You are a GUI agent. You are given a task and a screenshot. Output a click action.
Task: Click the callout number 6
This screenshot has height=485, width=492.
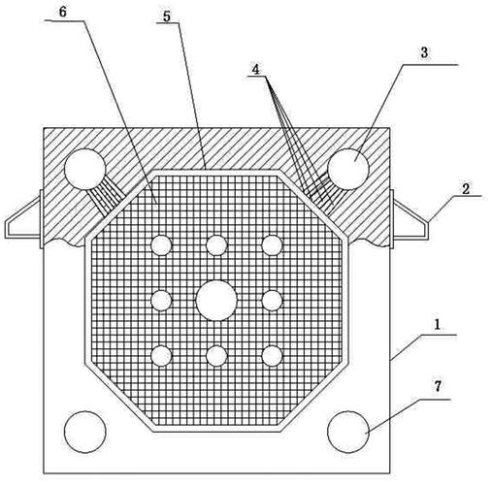[63, 12]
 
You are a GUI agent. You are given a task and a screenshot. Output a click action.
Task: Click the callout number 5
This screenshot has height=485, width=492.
[167, 16]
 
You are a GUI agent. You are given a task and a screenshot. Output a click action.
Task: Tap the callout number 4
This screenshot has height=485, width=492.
[256, 69]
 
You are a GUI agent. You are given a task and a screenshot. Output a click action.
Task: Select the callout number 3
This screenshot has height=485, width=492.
[424, 52]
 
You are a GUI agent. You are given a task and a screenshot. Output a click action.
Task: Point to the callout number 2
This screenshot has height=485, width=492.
[466, 189]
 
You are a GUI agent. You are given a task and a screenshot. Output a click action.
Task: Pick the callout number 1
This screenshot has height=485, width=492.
[437, 324]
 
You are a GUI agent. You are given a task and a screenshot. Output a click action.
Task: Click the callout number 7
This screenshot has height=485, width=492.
[438, 386]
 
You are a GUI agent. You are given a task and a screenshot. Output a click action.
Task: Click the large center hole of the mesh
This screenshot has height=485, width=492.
[216, 301]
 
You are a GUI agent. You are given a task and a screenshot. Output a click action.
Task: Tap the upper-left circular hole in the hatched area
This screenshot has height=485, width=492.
[85, 169]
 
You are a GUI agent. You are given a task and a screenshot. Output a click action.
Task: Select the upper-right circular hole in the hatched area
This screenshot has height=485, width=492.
[348, 169]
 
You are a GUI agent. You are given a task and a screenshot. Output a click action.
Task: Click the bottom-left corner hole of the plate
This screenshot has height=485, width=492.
[85, 432]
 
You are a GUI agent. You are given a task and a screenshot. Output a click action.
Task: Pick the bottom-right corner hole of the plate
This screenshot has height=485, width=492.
[348, 432]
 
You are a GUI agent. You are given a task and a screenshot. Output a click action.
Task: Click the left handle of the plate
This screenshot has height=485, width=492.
[23, 219]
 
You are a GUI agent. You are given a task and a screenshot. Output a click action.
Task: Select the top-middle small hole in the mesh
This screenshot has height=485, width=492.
[216, 245]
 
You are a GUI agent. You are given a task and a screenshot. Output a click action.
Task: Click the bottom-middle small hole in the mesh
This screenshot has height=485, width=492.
[216, 356]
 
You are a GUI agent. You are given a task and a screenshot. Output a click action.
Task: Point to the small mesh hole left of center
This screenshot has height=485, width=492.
[161, 301]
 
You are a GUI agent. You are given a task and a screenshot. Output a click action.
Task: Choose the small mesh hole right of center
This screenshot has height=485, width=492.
[272, 301]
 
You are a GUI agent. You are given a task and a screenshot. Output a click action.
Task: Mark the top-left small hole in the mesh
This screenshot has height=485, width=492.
[161, 245]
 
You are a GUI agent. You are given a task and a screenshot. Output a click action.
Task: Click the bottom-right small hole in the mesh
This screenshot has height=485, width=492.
[272, 356]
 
